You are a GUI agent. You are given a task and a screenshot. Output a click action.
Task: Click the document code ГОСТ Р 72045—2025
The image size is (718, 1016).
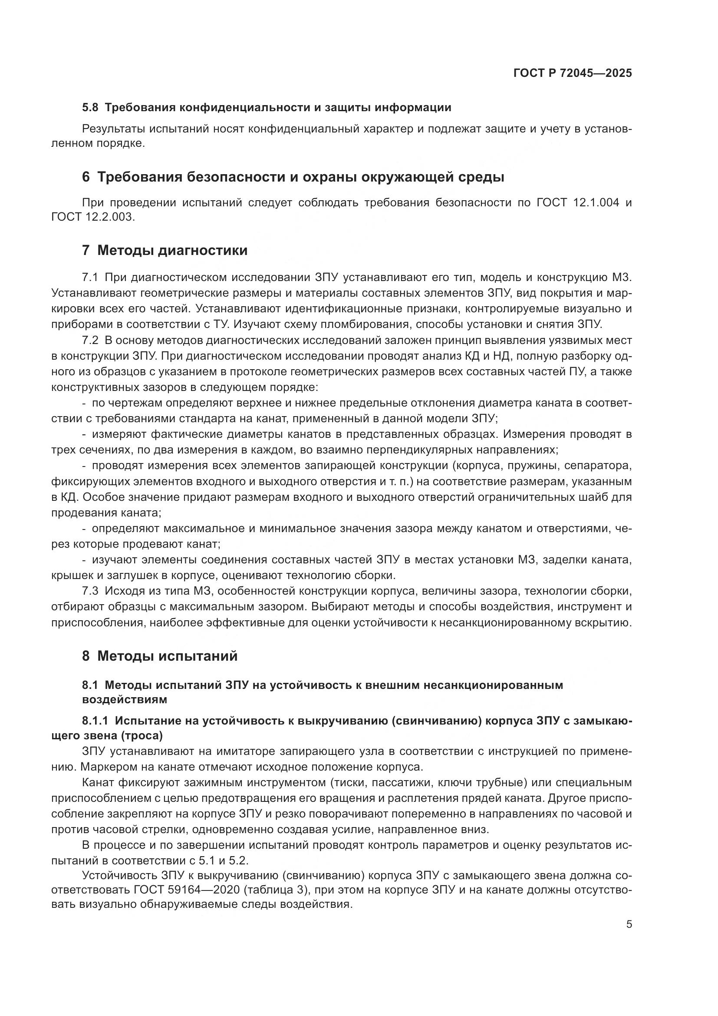pos(573,73)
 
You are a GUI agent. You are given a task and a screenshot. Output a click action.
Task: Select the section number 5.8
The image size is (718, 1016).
pos(91,108)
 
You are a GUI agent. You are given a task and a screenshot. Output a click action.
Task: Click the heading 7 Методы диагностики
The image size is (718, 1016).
pos(165,251)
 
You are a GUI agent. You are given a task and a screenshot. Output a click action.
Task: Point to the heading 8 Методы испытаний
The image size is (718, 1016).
pos(160,655)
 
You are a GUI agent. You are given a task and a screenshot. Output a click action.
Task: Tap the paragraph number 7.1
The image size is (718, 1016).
pos(90,278)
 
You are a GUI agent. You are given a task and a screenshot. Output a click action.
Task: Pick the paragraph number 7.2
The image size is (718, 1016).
pos(90,340)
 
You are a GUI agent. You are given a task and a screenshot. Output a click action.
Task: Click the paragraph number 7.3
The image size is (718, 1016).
pos(90,591)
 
